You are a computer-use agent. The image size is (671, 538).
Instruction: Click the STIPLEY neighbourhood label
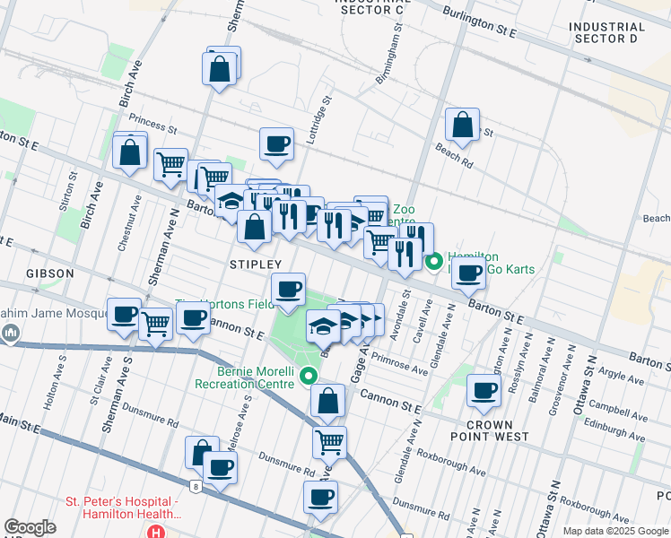[256, 265]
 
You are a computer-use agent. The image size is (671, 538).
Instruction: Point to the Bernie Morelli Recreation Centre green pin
[309, 376]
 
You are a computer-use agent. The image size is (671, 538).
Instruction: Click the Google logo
[30, 527]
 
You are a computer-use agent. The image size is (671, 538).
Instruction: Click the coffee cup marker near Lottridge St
[276, 143]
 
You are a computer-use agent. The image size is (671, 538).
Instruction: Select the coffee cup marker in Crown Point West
[484, 391]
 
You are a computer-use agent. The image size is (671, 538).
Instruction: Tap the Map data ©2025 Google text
[614, 531]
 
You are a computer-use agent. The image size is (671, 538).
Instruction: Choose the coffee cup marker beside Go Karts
[468, 273]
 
